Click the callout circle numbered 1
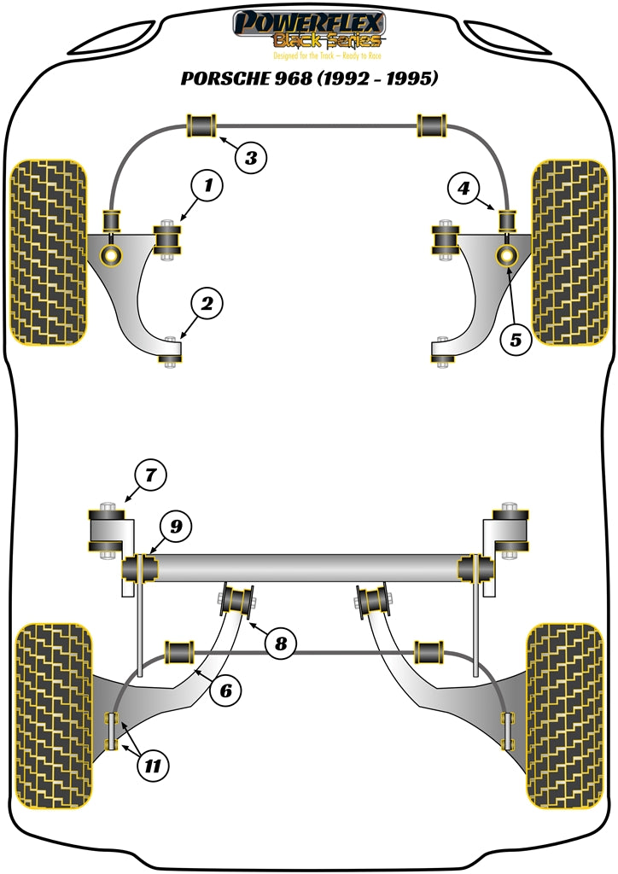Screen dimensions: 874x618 [x=207, y=184]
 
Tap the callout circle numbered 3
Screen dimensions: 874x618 [x=250, y=157]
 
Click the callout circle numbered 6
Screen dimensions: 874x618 [x=224, y=690]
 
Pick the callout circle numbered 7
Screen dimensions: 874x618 [x=151, y=473]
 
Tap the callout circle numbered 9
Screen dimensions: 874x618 [x=175, y=527]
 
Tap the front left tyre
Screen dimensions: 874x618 [x=48, y=253]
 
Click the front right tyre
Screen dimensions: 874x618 [x=568, y=253]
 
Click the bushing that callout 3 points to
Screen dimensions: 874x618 [x=201, y=125]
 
